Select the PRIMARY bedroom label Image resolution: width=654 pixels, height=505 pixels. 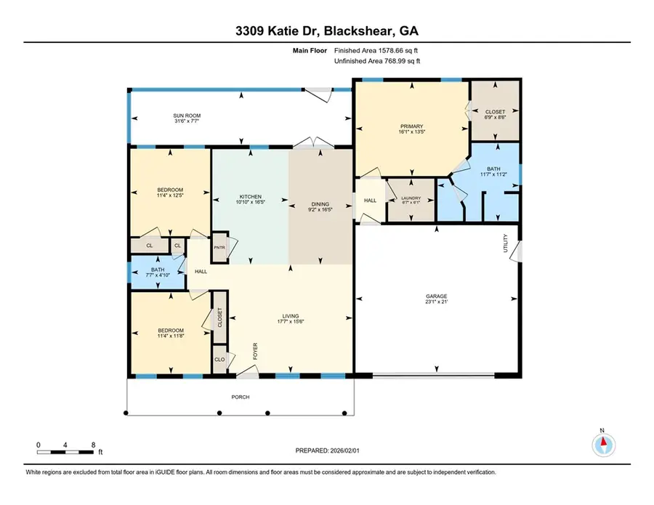click(412, 126)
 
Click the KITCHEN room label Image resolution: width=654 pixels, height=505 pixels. click(250, 197)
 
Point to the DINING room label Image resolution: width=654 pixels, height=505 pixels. click(320, 204)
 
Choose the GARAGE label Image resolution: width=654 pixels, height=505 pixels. click(436, 296)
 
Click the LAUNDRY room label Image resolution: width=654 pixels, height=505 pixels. click(411, 198)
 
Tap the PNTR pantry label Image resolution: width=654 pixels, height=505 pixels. click(219, 247)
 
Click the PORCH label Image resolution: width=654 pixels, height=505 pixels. click(241, 397)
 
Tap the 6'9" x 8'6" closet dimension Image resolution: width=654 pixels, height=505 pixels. click(494, 119)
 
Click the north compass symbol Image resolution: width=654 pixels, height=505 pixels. click(602, 443)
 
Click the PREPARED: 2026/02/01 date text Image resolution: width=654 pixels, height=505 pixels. click(327, 451)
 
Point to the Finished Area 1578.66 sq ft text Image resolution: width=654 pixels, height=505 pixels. click(376, 51)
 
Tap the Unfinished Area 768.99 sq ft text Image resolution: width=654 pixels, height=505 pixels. click(376, 61)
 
